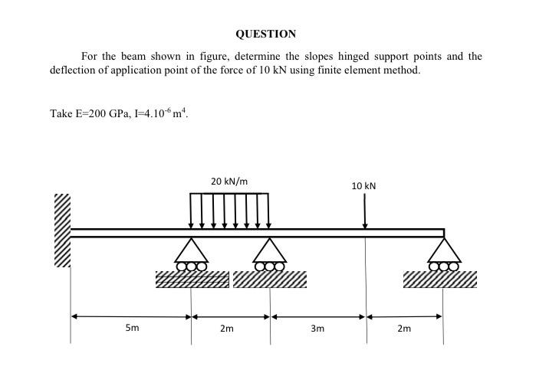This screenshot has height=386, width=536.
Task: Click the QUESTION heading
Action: (265, 34)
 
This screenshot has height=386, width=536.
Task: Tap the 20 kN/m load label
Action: (229, 182)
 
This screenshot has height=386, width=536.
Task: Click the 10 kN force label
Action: (364, 186)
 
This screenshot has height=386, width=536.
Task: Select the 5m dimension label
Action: (133, 329)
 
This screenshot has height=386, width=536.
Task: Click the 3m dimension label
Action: (317, 329)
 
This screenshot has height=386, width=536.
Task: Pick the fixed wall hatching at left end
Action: (61, 231)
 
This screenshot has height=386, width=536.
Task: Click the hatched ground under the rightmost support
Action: (440, 280)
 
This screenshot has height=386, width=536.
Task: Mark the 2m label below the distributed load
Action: (226, 329)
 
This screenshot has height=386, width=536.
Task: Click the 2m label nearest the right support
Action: (404, 329)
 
